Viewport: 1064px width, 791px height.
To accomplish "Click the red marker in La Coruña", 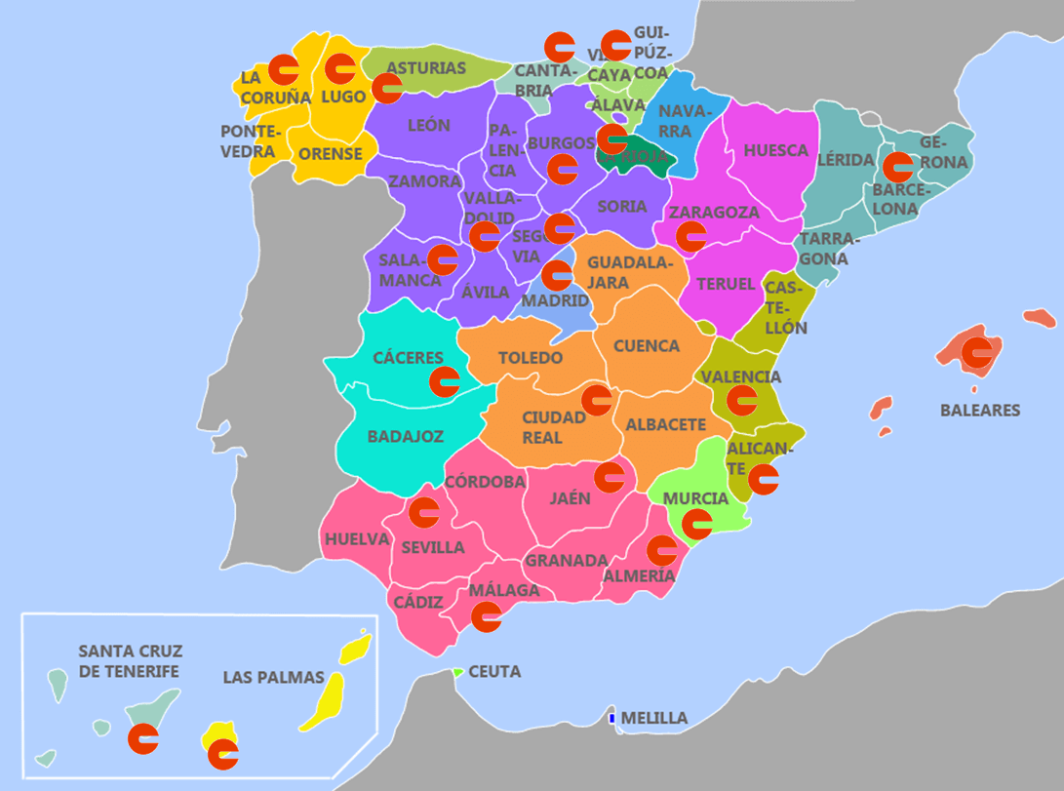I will [284, 68].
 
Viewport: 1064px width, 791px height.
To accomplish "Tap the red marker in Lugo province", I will [340, 68].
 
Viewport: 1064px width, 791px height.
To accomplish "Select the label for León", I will [429, 126].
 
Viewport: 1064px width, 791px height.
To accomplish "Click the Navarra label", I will [681, 121].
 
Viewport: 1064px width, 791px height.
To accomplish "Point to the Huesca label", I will [776, 150].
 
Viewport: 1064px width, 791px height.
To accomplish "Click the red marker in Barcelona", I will [897, 166].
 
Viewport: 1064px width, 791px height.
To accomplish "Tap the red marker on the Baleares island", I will [976, 353].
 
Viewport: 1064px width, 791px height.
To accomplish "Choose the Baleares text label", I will [980, 411].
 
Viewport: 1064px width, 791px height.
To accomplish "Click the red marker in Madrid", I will [557, 276].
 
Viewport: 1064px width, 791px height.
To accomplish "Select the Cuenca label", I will [647, 346].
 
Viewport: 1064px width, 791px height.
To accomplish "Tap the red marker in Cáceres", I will [445, 380].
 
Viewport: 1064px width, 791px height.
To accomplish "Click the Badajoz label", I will [406, 436].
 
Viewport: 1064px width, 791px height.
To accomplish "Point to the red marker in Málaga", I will [486, 615].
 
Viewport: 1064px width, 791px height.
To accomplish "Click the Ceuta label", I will [494, 672].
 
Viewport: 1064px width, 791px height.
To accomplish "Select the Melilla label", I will [653, 718].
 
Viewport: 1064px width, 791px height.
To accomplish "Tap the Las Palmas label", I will [273, 677].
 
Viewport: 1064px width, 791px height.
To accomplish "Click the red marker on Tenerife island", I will [144, 738].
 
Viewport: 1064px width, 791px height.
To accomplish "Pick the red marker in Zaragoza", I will [691, 236].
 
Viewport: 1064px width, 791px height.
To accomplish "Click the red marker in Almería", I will [662, 550].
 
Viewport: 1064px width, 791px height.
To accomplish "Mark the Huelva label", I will [357, 539].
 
